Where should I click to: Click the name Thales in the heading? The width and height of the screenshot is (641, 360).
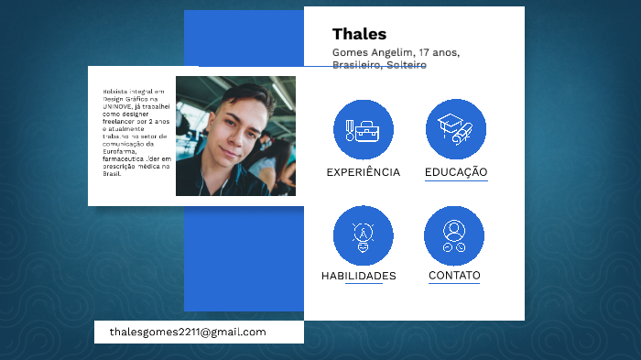point(359,35)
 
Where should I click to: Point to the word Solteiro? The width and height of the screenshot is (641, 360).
point(406,65)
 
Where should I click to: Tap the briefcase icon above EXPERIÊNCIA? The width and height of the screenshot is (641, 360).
point(364,130)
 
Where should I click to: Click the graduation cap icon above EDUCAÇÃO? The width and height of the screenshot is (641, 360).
point(455,128)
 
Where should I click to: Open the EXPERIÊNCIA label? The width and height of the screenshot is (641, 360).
point(364,172)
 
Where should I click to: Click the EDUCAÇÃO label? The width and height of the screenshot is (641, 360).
point(456,172)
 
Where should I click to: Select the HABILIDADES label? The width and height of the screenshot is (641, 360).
point(359,276)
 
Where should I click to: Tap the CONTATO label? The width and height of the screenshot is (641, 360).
point(454,275)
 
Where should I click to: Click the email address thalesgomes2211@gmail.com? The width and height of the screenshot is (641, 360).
point(188,332)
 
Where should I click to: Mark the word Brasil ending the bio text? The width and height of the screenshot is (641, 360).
point(112,172)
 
